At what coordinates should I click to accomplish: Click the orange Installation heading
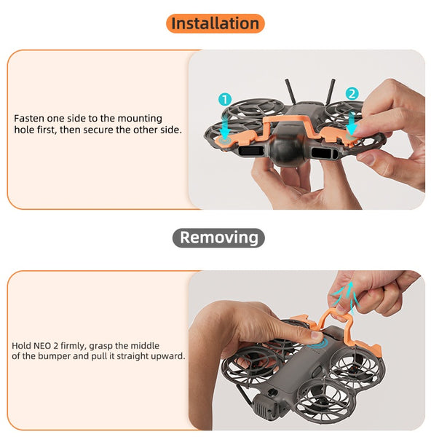coord(215,23)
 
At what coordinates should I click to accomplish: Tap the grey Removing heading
coord(218,237)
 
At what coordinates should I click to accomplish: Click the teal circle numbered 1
coord(225,99)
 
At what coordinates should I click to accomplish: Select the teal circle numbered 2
coord(352,93)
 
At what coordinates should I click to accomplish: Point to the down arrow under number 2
coord(352,122)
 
